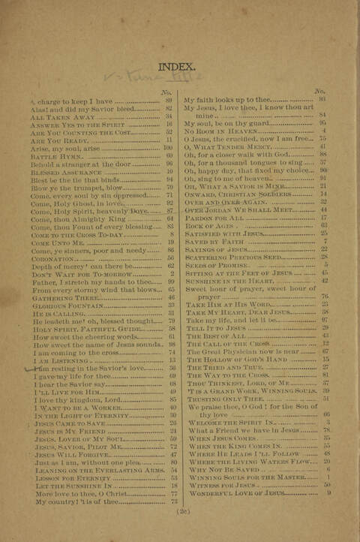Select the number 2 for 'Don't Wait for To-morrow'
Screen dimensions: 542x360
(171, 273)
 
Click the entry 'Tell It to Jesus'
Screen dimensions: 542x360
(214, 328)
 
